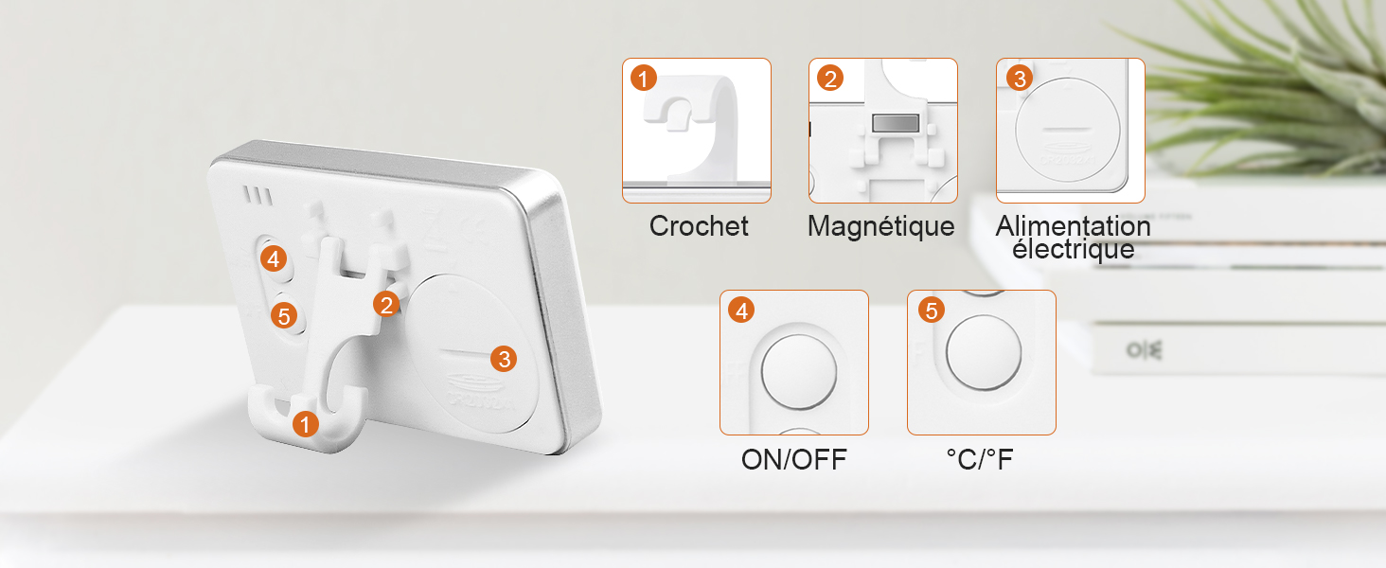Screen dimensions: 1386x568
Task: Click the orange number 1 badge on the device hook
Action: (305, 424)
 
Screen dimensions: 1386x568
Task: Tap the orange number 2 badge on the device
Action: (386, 305)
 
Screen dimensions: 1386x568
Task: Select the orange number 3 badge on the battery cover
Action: (504, 359)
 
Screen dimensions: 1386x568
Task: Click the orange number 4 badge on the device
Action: (274, 258)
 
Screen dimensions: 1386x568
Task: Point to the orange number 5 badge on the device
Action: (284, 316)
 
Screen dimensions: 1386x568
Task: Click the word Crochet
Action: (699, 226)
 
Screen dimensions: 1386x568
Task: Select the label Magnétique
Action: (881, 227)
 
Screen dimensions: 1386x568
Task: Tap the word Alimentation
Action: (1073, 226)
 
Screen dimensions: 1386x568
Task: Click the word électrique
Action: (1073, 249)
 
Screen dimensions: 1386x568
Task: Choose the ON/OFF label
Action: (794, 460)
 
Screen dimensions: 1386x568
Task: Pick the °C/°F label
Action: (980, 460)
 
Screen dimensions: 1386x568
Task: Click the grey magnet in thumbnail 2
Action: (896, 123)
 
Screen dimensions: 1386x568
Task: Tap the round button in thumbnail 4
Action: (799, 372)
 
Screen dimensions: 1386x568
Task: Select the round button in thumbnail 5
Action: (984, 352)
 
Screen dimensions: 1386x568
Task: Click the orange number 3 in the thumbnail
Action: (1019, 79)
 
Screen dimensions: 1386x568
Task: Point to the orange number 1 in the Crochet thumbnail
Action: (644, 79)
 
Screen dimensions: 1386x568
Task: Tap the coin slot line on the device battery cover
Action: (464, 354)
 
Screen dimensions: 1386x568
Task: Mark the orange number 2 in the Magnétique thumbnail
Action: (829, 79)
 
